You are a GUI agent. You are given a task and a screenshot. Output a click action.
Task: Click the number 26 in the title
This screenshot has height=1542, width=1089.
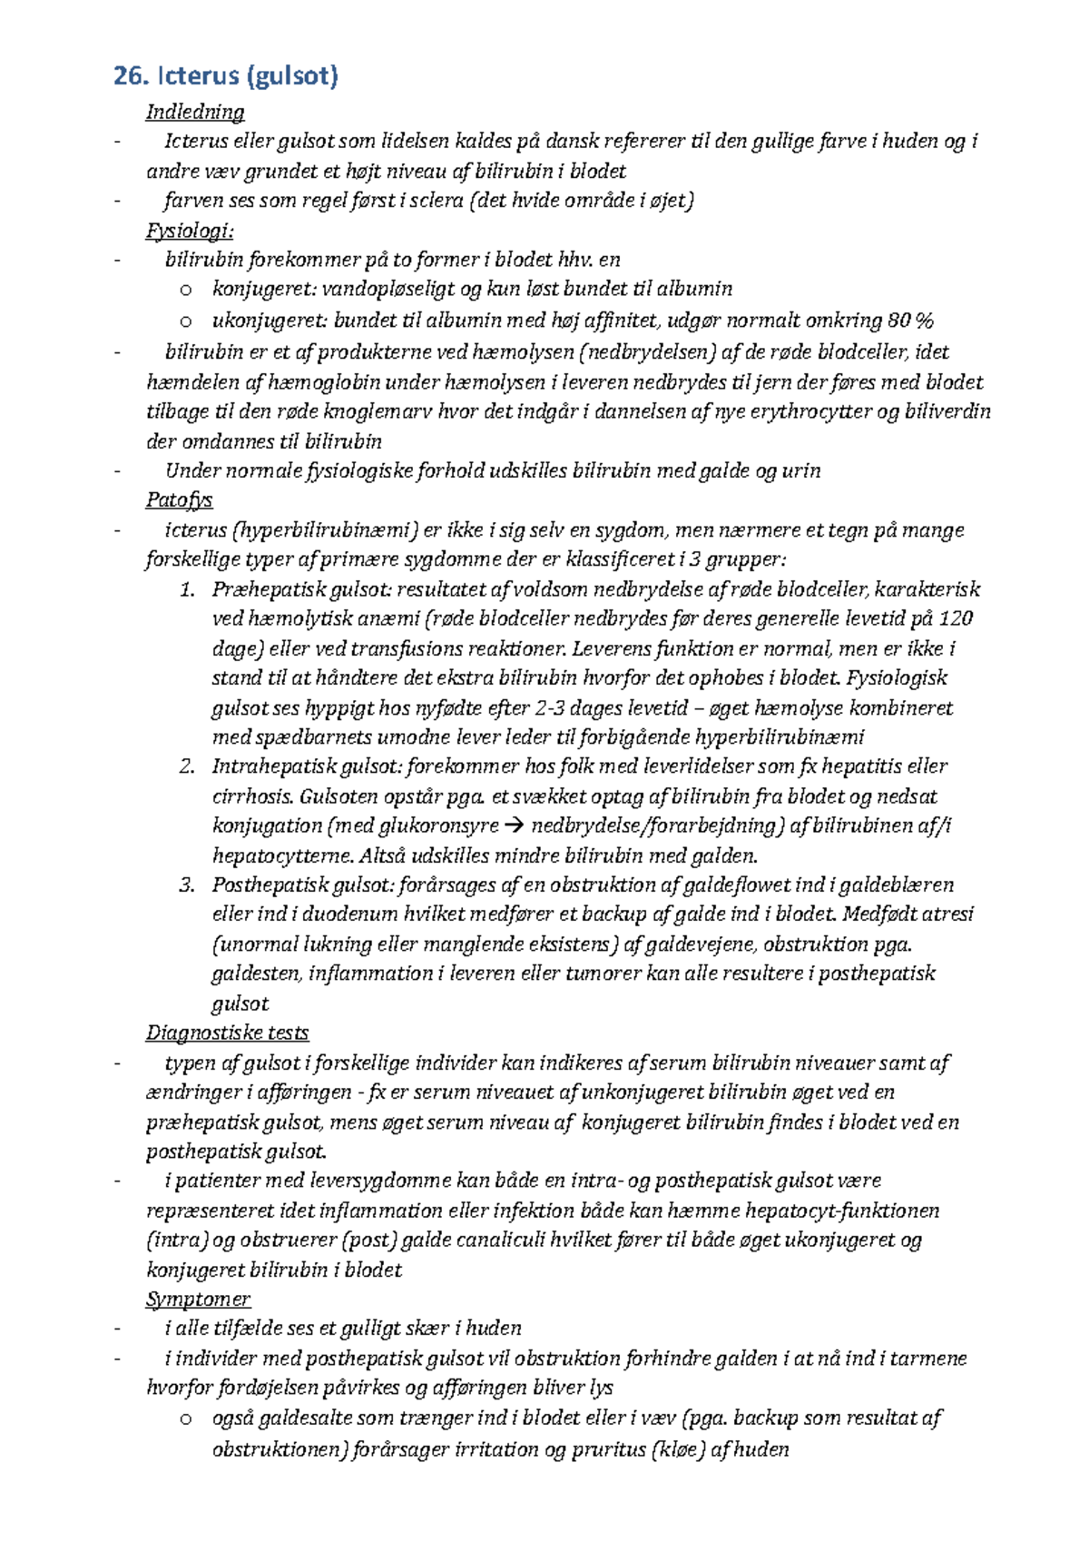pyautogui.click(x=130, y=75)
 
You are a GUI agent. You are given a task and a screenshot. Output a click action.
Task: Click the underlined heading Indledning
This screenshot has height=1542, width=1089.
pyautogui.click(x=195, y=112)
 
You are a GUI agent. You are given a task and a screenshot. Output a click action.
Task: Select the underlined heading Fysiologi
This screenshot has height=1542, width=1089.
pyautogui.click(x=190, y=230)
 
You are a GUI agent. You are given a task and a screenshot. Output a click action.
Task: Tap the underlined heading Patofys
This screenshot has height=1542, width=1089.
pyautogui.click(x=180, y=499)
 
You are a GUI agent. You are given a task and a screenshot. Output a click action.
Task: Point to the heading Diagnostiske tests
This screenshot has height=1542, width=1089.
pyautogui.click(x=227, y=1033)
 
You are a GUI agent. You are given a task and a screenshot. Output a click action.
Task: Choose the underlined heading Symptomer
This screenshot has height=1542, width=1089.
pyautogui.click(x=198, y=1299)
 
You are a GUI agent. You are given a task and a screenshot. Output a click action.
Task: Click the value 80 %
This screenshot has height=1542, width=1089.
pyautogui.click(x=910, y=320)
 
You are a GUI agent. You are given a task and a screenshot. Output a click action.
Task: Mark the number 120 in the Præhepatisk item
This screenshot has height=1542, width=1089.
pyautogui.click(x=956, y=618)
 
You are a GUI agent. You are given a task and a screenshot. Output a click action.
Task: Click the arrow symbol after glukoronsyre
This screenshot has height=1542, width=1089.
pyautogui.click(x=514, y=826)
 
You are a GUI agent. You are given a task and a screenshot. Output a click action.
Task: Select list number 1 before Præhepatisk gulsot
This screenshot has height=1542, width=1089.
pyautogui.click(x=187, y=589)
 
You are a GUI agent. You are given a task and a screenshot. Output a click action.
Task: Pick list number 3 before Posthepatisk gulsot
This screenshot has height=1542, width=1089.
pyautogui.click(x=187, y=885)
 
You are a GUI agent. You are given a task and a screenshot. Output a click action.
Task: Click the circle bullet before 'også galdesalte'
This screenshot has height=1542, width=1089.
pyautogui.click(x=186, y=1418)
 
